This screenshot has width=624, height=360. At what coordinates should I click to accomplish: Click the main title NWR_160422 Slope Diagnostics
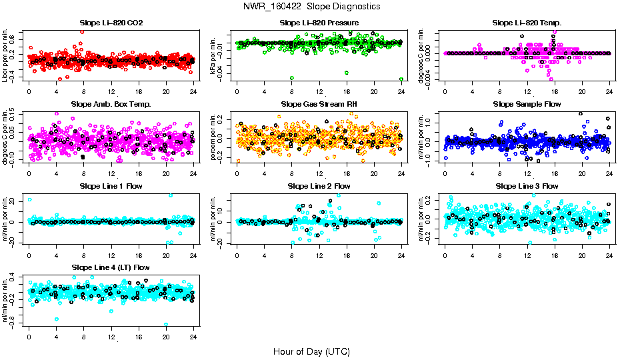point(312,6)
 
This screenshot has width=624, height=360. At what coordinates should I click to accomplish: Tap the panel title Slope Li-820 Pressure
point(319,23)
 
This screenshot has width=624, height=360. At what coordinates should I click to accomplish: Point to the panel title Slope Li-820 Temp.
point(527,23)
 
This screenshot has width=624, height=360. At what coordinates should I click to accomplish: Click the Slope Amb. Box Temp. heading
point(111,104)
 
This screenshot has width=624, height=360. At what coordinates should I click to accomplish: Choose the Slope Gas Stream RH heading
point(319,104)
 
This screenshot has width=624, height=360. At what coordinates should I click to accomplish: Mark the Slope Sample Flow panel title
point(527,104)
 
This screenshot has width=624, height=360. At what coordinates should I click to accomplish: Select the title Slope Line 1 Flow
point(111,186)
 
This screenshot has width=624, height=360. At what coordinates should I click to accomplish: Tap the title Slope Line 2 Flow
point(319,186)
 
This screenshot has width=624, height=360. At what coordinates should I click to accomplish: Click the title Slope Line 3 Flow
point(527,186)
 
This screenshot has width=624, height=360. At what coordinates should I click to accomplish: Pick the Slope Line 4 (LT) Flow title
point(111,267)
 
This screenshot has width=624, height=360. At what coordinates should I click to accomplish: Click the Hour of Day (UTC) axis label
point(311,351)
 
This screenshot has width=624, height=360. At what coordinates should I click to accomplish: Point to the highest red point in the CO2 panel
point(81,31)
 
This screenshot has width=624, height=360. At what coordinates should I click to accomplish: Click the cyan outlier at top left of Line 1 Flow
point(30,199)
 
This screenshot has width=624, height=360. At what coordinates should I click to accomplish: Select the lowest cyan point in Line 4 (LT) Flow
point(166,325)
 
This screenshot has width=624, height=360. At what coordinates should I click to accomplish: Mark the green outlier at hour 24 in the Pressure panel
point(401,79)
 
